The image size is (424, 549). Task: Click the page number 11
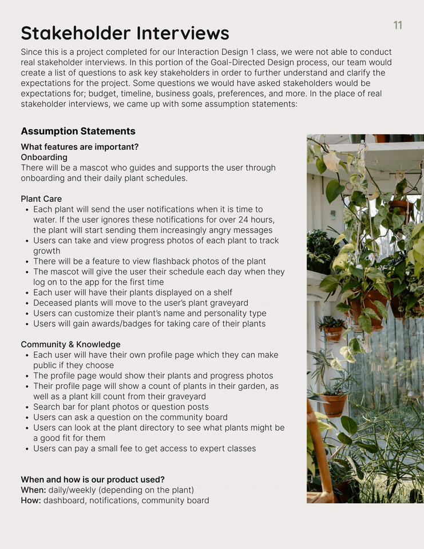[398, 25]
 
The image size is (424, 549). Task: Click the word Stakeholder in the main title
[74, 33]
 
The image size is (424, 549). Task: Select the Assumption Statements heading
[78, 132]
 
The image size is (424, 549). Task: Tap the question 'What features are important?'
[80, 147]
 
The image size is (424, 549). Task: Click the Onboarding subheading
[44, 157]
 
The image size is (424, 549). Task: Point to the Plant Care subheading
[41, 199]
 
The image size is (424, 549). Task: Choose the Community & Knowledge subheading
[70, 344]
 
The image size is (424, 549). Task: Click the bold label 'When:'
[32, 490]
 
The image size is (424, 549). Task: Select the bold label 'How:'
[31, 500]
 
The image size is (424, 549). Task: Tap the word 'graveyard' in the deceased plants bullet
[229, 303]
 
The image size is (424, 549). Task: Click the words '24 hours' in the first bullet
[257, 220]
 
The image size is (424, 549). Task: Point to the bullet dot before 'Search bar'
[27, 407]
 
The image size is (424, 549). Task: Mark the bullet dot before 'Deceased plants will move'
[27, 303]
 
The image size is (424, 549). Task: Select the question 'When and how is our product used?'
[93, 480]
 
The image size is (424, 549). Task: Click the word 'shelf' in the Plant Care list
[223, 293]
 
